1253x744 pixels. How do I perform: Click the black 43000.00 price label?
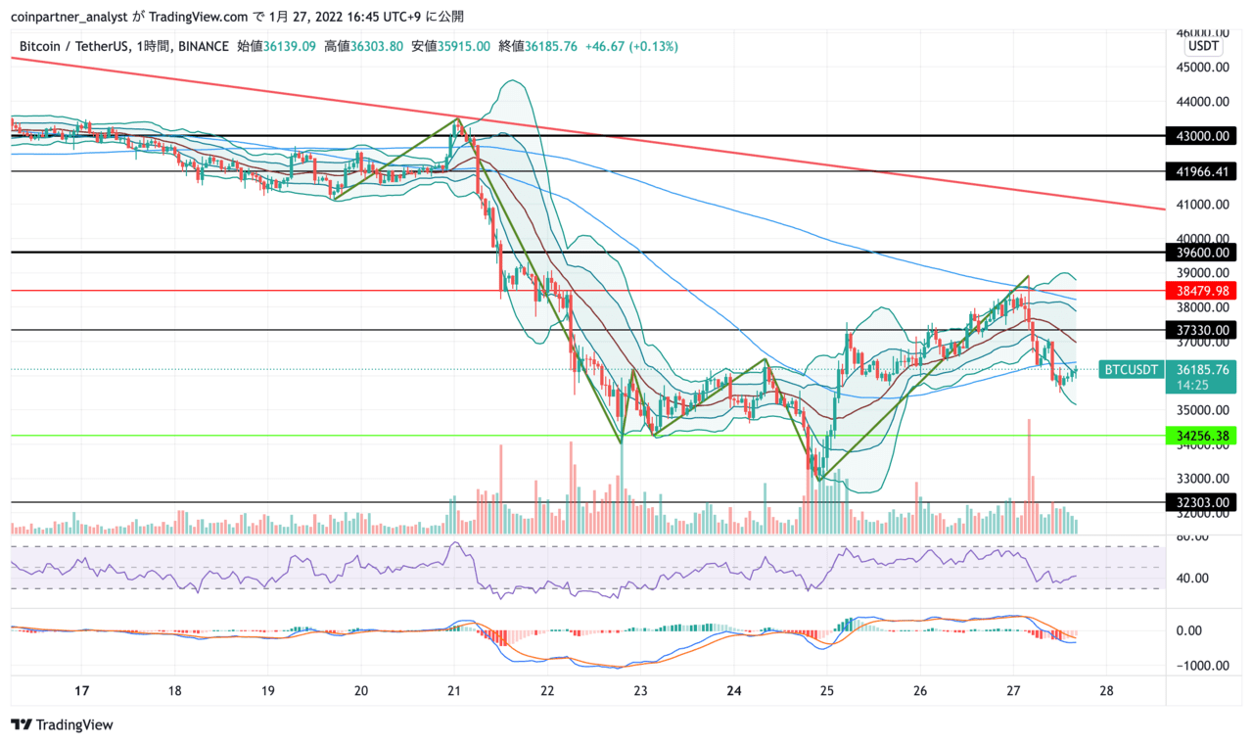[x=1201, y=136]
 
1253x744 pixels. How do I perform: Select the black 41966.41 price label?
[x=1201, y=171]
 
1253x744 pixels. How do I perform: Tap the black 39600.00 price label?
[x=1201, y=253]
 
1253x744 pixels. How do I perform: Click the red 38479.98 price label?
[x=1201, y=291]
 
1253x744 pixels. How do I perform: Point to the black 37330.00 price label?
[x=1201, y=330]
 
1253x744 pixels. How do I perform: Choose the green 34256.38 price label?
[x=1201, y=436]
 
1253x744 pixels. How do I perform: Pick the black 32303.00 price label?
[x=1201, y=502]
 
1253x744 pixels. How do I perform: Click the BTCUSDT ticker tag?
[x=1131, y=369]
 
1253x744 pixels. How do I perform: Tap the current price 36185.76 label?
[x=1203, y=370]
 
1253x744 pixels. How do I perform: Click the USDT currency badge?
[x=1203, y=46]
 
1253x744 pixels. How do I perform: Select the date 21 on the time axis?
[x=453, y=691]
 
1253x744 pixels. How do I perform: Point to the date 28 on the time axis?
[x=1106, y=691]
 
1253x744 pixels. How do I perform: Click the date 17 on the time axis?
[x=81, y=691]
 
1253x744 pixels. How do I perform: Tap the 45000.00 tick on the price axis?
[x=1203, y=68]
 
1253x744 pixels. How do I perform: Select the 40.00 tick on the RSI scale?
[x=1192, y=578]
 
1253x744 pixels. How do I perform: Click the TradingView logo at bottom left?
[x=62, y=724]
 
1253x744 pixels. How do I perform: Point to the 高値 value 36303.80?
[x=377, y=46]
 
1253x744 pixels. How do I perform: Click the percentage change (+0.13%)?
[x=653, y=46]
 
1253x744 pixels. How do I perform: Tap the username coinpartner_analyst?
[x=70, y=17]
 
